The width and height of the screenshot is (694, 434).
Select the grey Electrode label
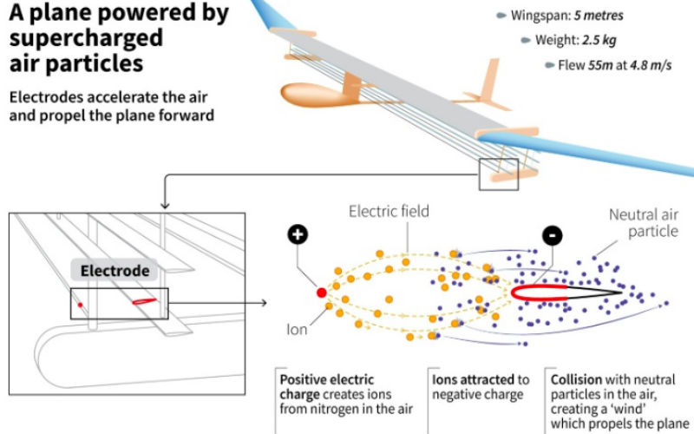tap(115, 271)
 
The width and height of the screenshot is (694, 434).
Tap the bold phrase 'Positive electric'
tap(326, 379)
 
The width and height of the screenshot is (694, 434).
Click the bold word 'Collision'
tap(579, 379)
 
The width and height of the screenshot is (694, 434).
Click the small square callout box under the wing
tap(499, 174)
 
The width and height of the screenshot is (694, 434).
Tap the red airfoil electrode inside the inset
tap(145, 300)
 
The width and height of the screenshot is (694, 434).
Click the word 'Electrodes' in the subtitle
tap(44, 96)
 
